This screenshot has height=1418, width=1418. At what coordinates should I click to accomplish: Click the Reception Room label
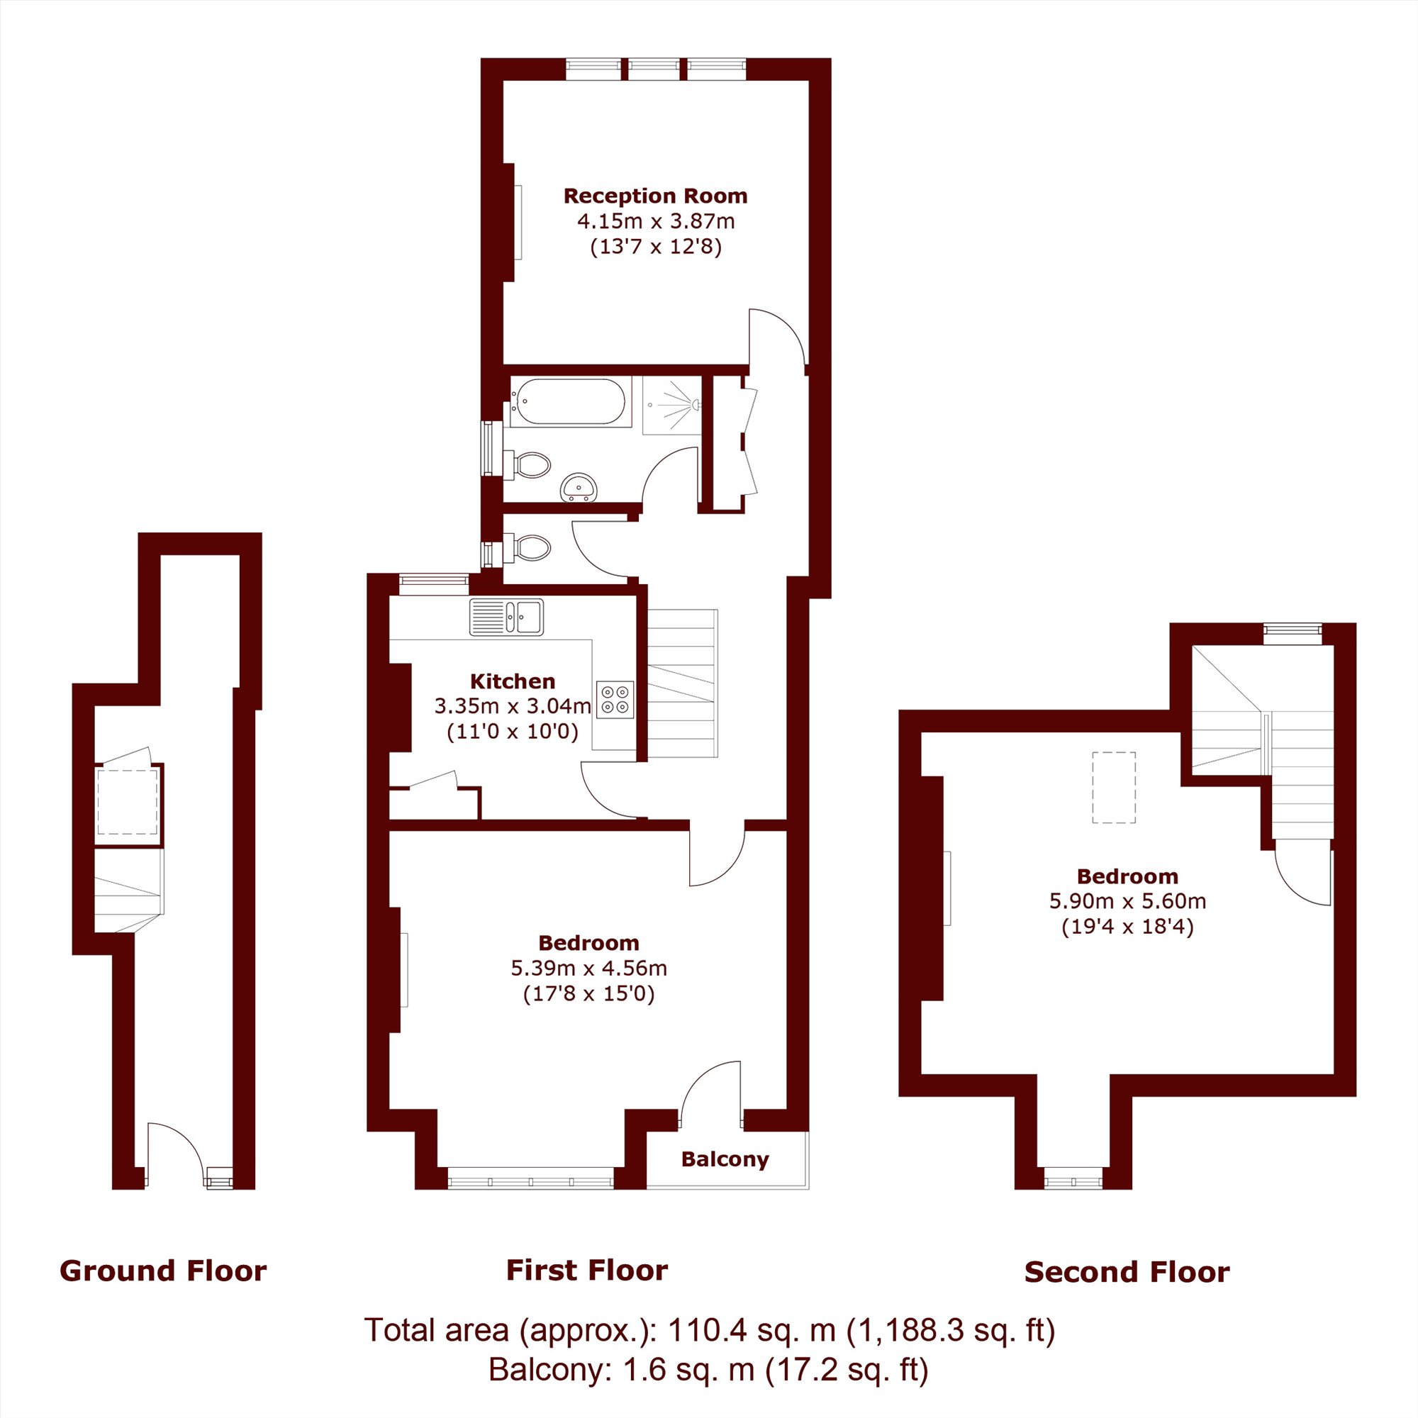[x=655, y=196]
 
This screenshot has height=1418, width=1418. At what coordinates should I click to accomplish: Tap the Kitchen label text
[x=513, y=681]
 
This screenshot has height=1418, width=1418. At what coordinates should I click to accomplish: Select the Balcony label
[x=725, y=1159]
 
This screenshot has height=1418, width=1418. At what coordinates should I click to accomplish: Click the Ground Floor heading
[x=163, y=1271]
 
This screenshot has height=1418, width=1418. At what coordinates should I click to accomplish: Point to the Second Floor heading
[x=1127, y=1272]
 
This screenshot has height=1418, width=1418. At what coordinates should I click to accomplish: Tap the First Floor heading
[x=587, y=1270]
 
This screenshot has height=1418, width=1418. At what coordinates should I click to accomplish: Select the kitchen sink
[x=506, y=617]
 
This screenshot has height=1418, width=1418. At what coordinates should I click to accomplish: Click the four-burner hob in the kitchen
[x=615, y=700]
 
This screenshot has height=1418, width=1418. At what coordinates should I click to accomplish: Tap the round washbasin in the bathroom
[x=579, y=487]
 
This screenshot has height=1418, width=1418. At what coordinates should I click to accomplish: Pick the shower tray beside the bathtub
[x=671, y=405]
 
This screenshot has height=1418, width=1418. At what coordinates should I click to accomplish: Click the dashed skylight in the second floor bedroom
[x=1113, y=788]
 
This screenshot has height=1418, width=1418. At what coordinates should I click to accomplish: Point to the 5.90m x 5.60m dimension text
[x=1127, y=900]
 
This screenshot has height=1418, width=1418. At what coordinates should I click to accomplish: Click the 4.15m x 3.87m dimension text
[x=655, y=221]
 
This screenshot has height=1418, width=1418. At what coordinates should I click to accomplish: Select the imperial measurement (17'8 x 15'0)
[x=588, y=994]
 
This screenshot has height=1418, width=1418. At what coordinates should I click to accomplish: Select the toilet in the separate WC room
[x=527, y=547]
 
